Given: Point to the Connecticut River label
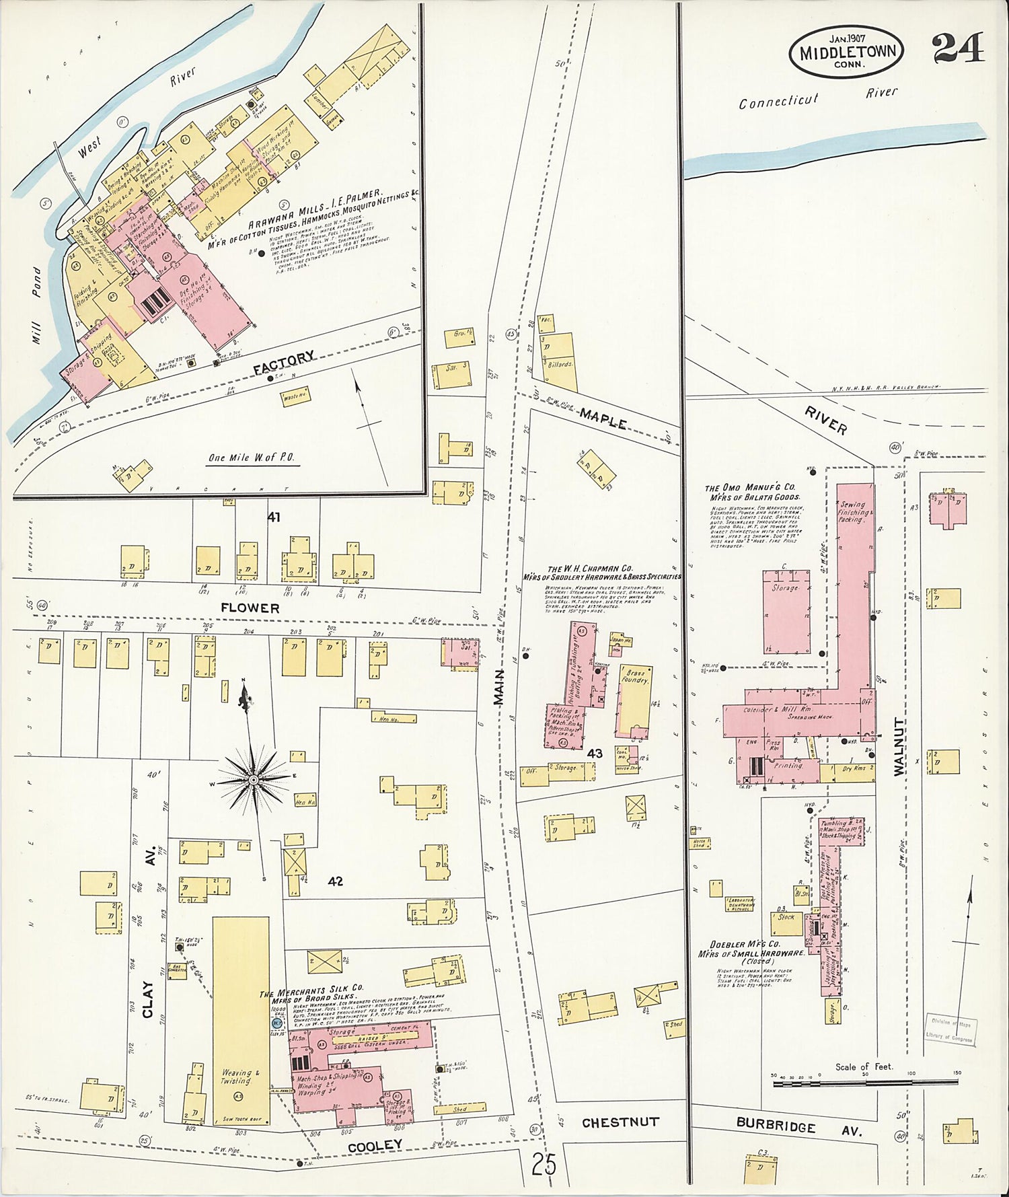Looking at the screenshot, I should (x=817, y=98).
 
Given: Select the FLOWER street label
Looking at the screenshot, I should (x=250, y=608).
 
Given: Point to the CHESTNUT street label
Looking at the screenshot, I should (x=620, y=1122).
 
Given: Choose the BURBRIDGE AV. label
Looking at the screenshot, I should (x=798, y=1126).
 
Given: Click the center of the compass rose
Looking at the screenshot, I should (x=254, y=780).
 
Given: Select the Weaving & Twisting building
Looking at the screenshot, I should (x=241, y=1019).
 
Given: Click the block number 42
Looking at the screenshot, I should (x=334, y=881).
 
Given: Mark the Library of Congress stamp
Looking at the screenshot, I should (x=948, y=1029).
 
